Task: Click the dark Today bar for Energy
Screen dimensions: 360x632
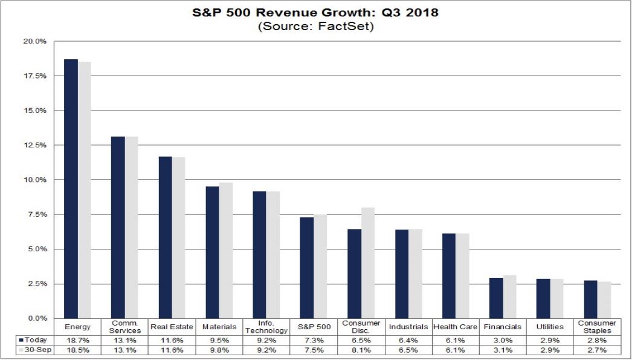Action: pyautogui.click(x=71, y=188)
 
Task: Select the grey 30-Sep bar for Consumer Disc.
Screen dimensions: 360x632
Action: pyautogui.click(x=367, y=263)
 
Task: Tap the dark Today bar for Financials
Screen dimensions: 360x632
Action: pyautogui.click(x=496, y=298)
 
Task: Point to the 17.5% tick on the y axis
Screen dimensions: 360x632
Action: pyautogui.click(x=36, y=76)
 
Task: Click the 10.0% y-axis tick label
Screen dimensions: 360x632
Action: pyautogui.click(x=36, y=180)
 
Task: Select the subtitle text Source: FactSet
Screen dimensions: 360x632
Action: pyautogui.click(x=315, y=27)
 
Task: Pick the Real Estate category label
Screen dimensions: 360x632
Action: pyautogui.click(x=172, y=327)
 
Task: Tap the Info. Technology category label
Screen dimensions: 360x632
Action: pyautogui.click(x=266, y=327)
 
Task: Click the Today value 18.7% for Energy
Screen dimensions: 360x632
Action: pyautogui.click(x=77, y=340)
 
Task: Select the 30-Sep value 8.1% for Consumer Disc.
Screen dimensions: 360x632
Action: pyautogui.click(x=361, y=350)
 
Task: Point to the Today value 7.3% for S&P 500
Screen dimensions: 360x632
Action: pyautogui.click(x=313, y=340)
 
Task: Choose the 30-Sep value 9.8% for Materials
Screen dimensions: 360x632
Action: pyautogui.click(x=219, y=350)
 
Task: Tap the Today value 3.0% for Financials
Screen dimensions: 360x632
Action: pyautogui.click(x=502, y=340)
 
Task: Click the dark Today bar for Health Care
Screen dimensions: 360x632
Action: pyautogui.click(x=448, y=275)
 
